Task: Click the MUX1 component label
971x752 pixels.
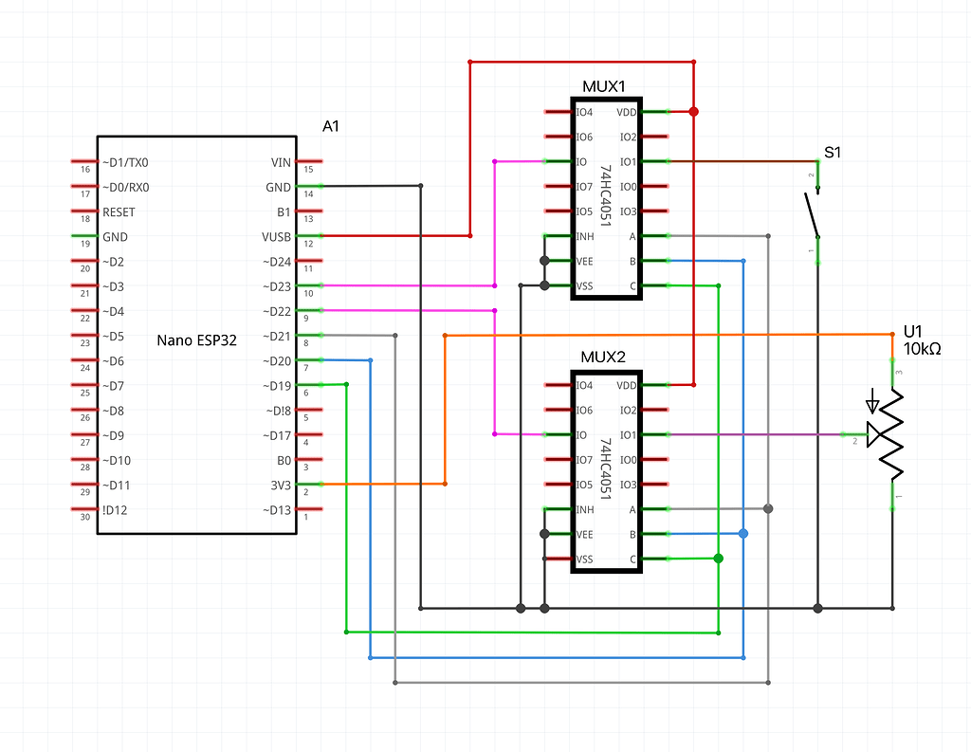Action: [x=604, y=86]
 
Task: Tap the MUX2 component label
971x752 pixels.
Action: [x=603, y=358]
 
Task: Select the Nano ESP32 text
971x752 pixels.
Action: [x=196, y=340]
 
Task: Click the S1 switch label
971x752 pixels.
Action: [x=833, y=153]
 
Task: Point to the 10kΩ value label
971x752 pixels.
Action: [x=922, y=349]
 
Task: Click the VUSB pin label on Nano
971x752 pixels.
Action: [x=276, y=237]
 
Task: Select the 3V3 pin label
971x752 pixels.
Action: [x=281, y=485]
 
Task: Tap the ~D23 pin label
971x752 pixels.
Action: [x=276, y=286]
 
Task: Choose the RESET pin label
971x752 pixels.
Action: [x=119, y=211]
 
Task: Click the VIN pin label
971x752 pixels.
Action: [x=281, y=162]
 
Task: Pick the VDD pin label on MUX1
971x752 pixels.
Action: [x=627, y=112]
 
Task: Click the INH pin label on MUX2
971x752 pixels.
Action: [x=585, y=509]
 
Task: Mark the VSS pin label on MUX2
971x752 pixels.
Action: [x=584, y=559]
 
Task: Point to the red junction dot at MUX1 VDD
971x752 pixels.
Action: [x=693, y=112]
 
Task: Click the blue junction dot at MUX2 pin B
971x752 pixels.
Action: [x=743, y=533]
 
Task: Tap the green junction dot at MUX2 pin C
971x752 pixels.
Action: [x=719, y=559]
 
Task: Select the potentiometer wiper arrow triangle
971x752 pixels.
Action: [x=874, y=434]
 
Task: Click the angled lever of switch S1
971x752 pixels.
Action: [x=812, y=214]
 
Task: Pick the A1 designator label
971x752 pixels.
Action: [x=331, y=126]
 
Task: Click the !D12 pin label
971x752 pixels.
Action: [x=115, y=510]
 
